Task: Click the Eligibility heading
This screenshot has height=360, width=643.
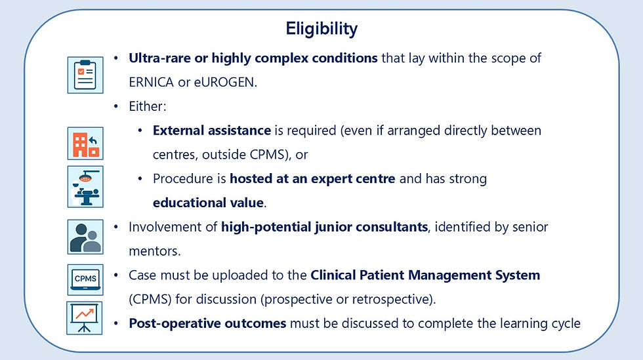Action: pos(321,29)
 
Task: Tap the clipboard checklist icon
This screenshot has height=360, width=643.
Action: pos(85,75)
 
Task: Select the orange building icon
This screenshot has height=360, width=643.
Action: pos(85,144)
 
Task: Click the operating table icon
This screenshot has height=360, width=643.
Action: pos(85,187)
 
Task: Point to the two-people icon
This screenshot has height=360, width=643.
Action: pos(85,237)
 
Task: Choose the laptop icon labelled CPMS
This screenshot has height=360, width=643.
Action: pos(85,279)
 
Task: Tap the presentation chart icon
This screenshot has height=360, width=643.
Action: pos(85,318)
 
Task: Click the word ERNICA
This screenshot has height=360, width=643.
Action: pos(152,83)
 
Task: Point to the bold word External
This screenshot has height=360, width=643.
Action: pos(180,130)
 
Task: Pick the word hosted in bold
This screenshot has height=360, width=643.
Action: pos(247,179)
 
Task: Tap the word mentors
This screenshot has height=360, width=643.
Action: pos(155,251)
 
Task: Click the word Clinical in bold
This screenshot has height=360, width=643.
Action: pos(333,275)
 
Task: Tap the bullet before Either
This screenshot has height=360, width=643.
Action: pos(116,107)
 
